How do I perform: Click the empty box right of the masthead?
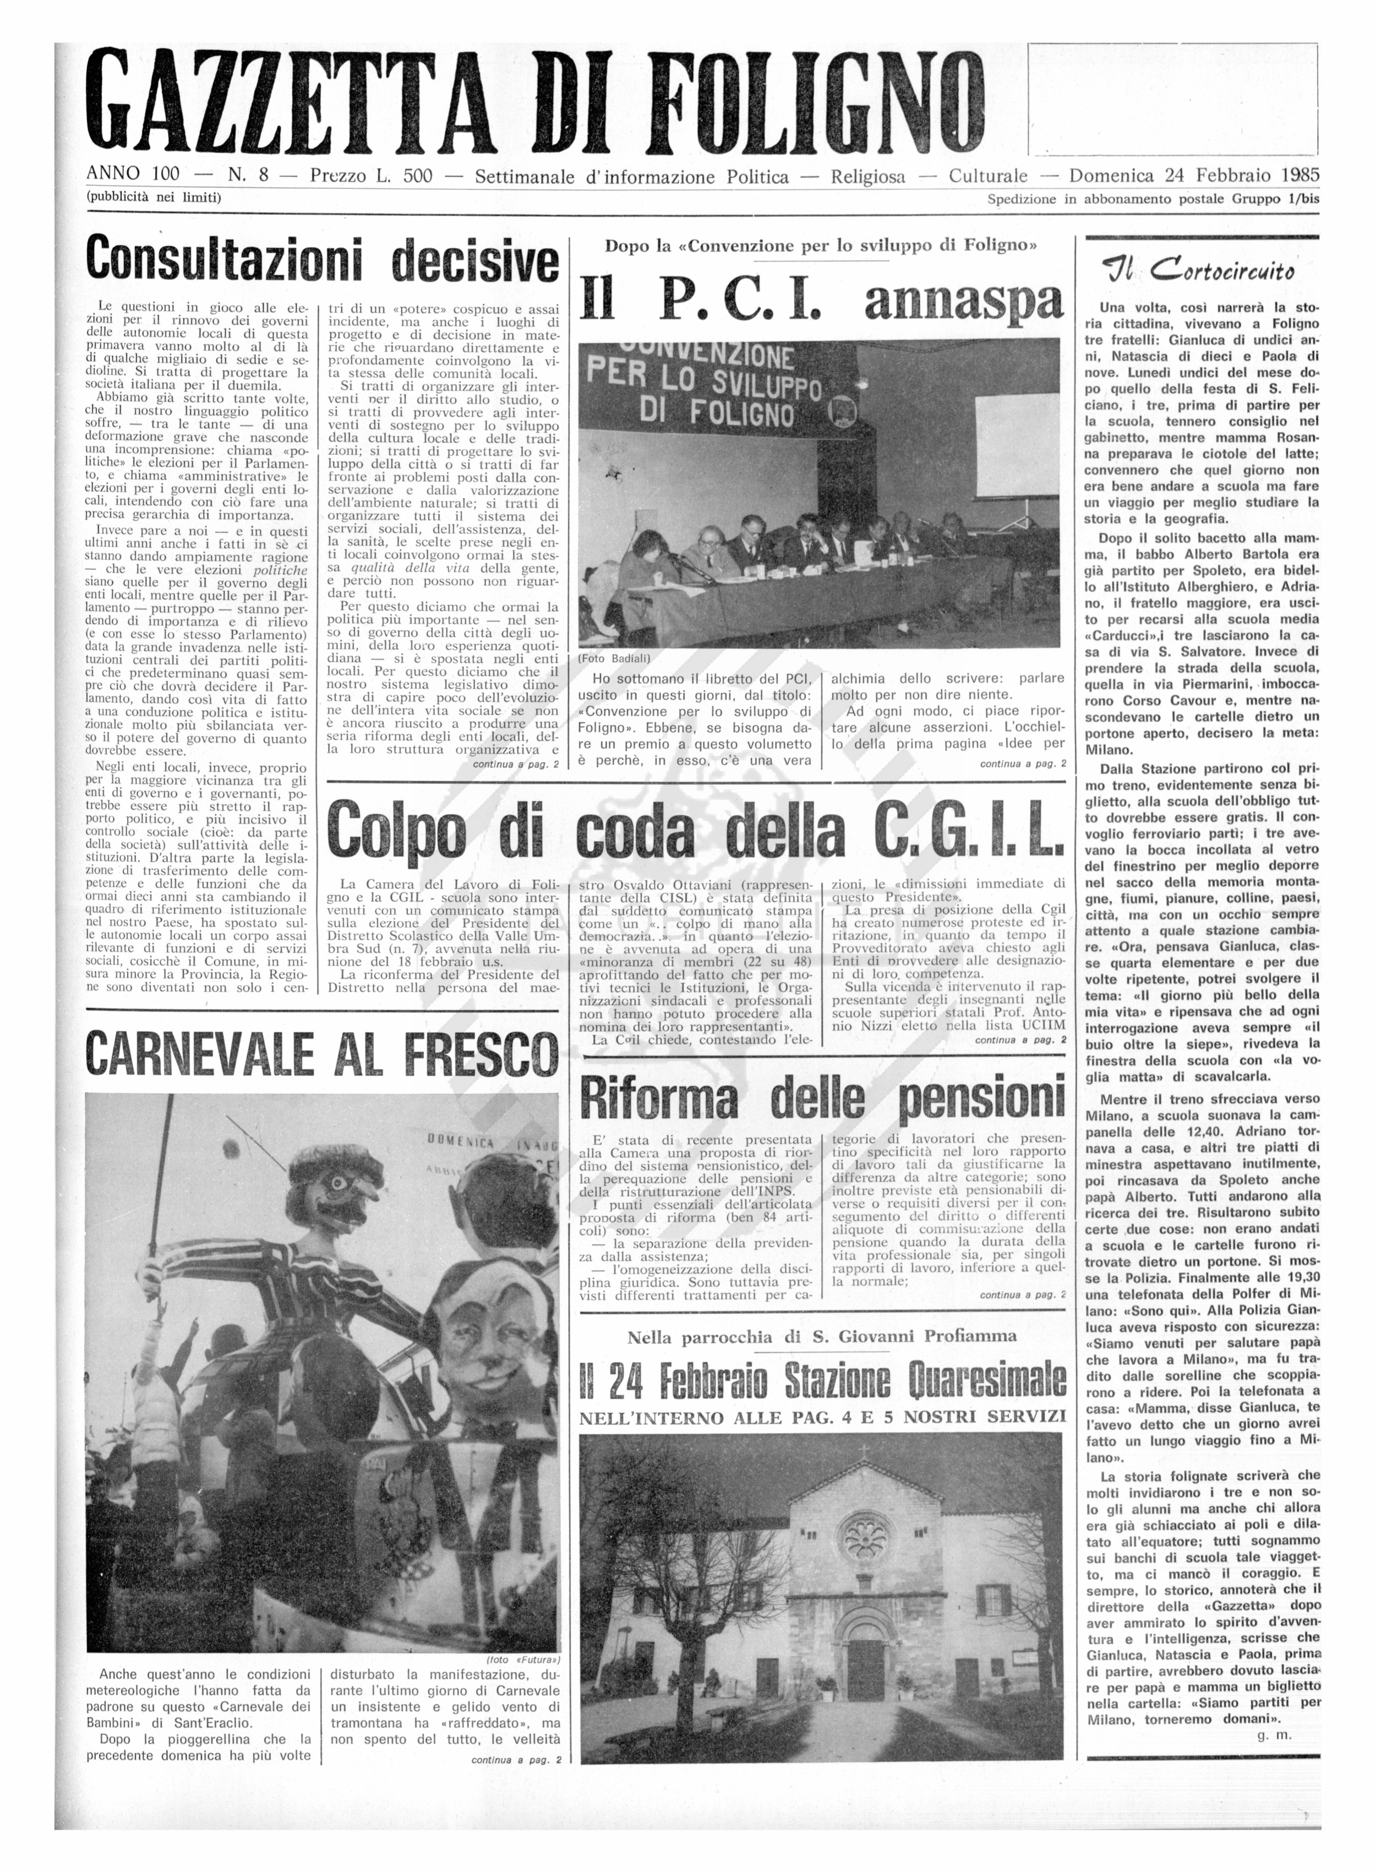coord(1173,99)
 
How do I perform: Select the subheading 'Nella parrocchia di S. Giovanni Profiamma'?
coord(821,1336)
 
